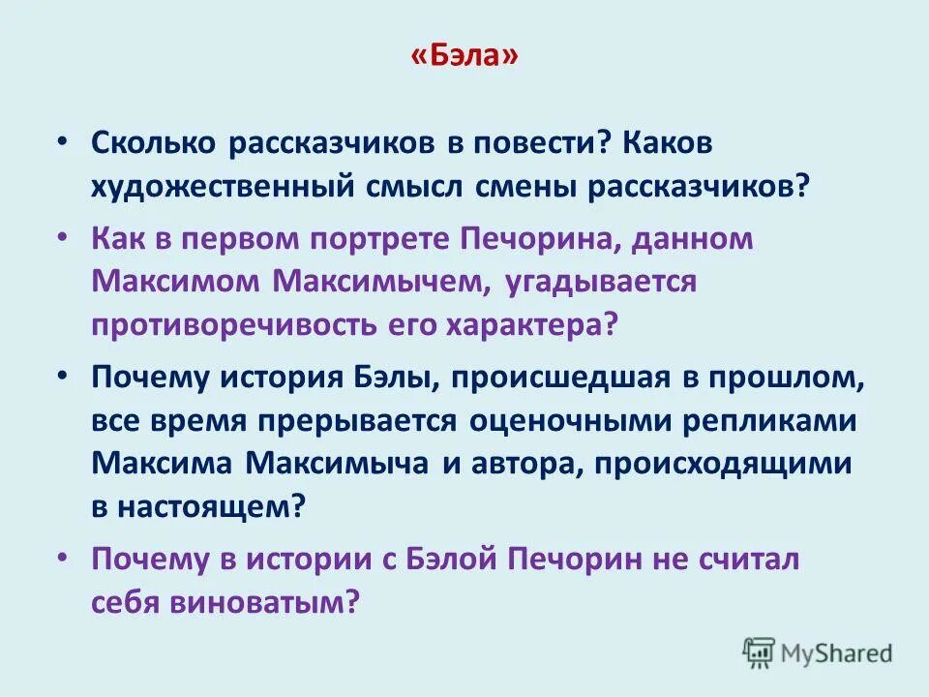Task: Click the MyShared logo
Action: click(x=818, y=652)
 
